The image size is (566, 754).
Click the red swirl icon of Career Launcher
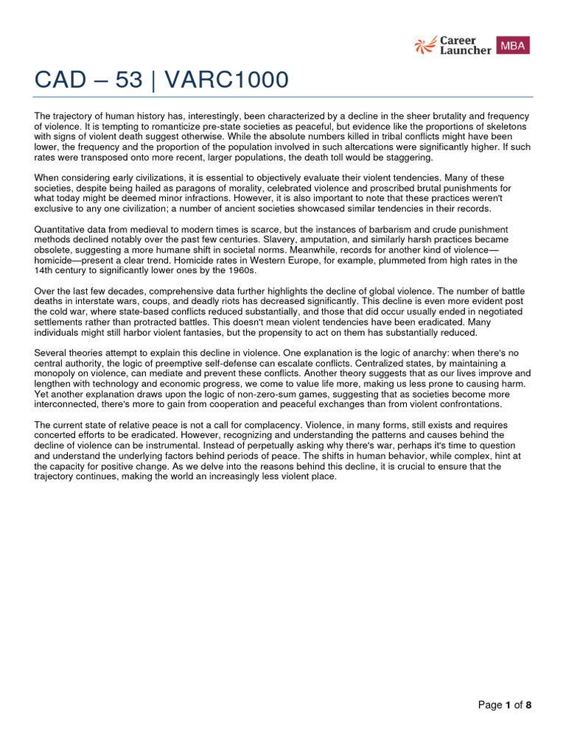[424, 45]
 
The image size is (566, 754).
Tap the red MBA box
[513, 45]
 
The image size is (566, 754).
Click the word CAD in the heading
[63, 80]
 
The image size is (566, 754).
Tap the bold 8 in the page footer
[528, 705]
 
